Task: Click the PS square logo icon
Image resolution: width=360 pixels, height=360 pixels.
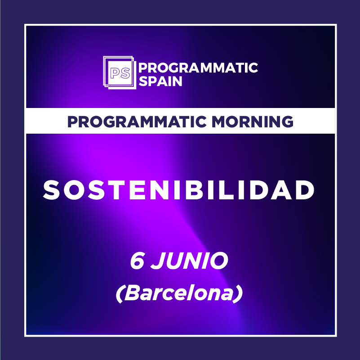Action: [x=120, y=72]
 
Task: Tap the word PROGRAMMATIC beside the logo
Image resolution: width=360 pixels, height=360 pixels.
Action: [x=198, y=68]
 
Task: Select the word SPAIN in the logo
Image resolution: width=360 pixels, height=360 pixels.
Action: [x=160, y=81]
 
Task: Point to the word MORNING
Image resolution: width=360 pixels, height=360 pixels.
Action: [x=252, y=121]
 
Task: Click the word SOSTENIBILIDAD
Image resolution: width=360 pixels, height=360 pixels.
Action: [x=179, y=190]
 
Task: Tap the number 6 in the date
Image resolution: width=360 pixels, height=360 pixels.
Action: [x=137, y=261]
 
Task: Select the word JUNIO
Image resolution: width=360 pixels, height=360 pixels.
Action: [x=189, y=261]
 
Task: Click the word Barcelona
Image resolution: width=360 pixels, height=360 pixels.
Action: [x=179, y=293]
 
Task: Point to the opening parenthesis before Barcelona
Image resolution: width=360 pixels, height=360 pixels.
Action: [x=120, y=294]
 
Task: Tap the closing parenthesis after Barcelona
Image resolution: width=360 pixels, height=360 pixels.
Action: [x=238, y=294]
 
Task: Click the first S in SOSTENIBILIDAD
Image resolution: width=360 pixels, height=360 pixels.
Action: [x=51, y=190]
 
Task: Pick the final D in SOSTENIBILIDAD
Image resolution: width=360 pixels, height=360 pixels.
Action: [x=305, y=190]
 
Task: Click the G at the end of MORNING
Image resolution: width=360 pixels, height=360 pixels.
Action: [x=287, y=121]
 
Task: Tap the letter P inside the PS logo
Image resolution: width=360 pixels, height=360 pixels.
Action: [x=115, y=73]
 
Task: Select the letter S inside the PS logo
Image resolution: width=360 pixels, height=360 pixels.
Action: [x=125, y=73]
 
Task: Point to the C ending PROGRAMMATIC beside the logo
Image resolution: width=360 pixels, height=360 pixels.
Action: [x=253, y=68]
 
